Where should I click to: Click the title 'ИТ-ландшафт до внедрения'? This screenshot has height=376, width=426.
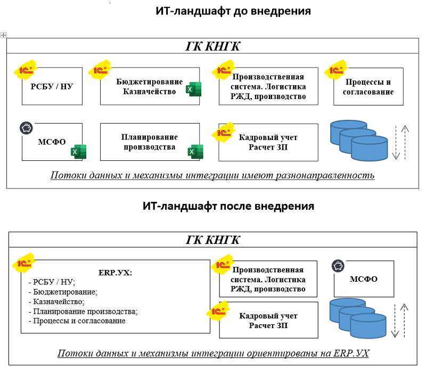pos(233,11)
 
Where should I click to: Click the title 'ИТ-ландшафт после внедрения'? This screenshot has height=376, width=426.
pos(228,206)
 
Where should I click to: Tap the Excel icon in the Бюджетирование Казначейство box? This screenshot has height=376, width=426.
pos(192,89)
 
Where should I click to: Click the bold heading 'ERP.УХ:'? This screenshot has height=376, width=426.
pos(115,273)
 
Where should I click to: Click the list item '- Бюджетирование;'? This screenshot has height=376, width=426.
pos(62,292)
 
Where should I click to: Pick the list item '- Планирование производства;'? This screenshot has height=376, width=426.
pos(83,312)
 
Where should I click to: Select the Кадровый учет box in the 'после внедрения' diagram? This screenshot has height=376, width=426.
pos(268,320)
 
